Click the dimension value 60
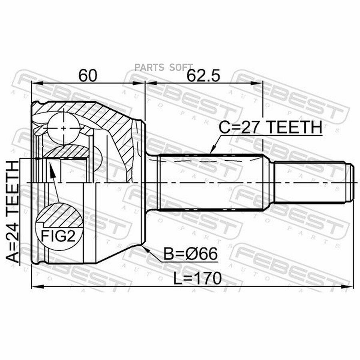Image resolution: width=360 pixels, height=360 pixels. (x=88, y=76)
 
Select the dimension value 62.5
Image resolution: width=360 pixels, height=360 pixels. (x=203, y=76)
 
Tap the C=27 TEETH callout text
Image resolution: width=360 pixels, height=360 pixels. (x=270, y=128)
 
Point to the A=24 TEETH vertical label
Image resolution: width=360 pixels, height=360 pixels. (x=12, y=212)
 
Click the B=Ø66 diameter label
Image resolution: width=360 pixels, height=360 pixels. (x=190, y=254)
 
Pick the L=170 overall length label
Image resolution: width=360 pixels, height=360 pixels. (x=197, y=278)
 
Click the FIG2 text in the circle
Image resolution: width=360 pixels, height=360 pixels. (x=58, y=236)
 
